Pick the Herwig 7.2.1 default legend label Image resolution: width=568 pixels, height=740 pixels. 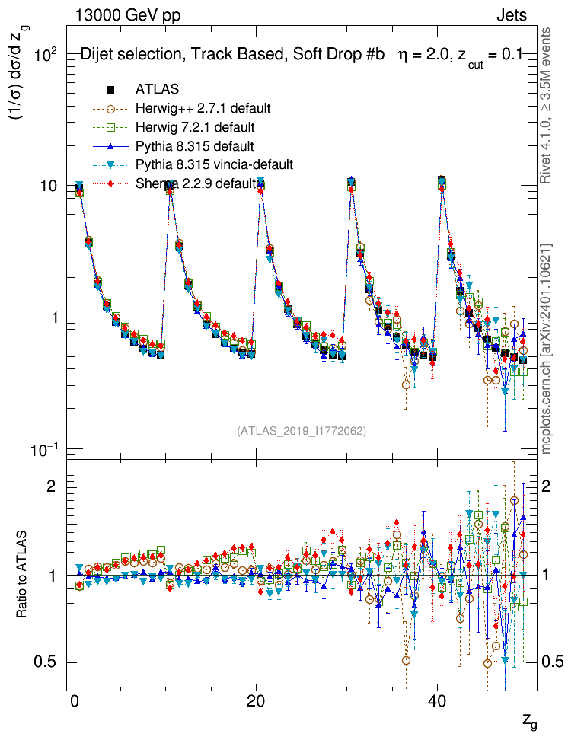pos(195,126)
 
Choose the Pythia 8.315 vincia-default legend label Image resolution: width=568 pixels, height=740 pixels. pos(214,164)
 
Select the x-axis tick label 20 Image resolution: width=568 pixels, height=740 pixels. pos(256,703)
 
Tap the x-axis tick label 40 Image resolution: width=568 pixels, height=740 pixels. pos(436,703)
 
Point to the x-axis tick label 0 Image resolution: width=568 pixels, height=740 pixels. pos(75,703)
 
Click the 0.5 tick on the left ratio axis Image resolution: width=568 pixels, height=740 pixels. pos(47,662)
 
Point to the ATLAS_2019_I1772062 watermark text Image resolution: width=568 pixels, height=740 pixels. pos(302,431)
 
